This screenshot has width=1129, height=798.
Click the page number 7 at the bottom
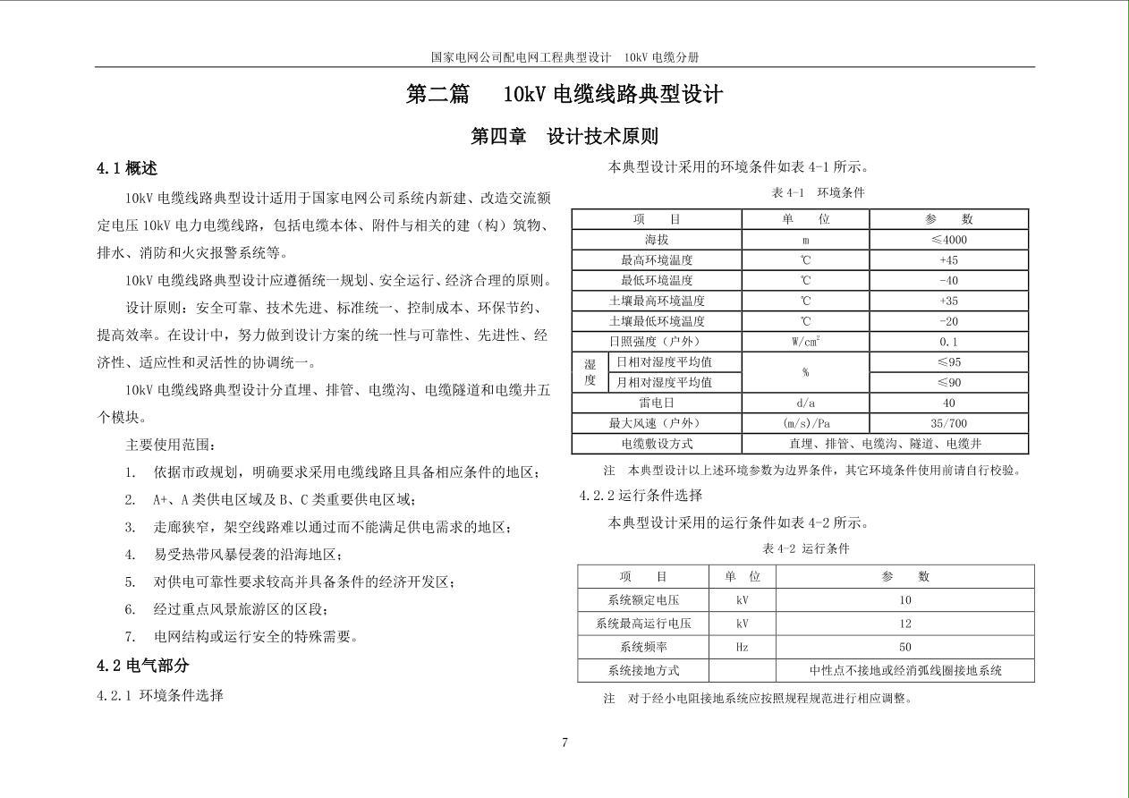click(564, 742)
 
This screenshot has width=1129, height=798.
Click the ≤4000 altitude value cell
click(948, 240)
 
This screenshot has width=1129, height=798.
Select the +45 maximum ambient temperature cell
click(948, 260)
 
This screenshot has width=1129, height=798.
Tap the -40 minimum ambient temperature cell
click(948, 281)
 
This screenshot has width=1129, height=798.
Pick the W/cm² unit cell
click(805, 342)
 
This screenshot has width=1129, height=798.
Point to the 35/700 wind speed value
click(948, 424)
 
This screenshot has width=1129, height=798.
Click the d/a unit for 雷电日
click(805, 403)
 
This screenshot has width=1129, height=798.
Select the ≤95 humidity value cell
click(948, 362)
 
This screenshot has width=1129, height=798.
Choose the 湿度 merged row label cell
click(590, 372)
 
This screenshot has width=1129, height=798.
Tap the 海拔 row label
click(657, 240)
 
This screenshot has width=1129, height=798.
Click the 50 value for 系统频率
click(904, 647)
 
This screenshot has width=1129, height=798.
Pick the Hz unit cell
click(742, 647)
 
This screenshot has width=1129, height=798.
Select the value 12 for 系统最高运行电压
click(904, 624)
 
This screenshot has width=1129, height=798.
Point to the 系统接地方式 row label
click(643, 670)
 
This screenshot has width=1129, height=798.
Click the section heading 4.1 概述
click(127, 168)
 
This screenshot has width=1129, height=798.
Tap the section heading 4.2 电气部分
click(143, 666)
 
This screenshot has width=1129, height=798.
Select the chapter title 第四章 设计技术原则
click(564, 136)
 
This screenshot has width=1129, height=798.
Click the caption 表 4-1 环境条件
click(818, 193)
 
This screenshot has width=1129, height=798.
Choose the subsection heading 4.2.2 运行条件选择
click(641, 496)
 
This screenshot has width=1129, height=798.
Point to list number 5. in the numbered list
click(131, 582)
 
